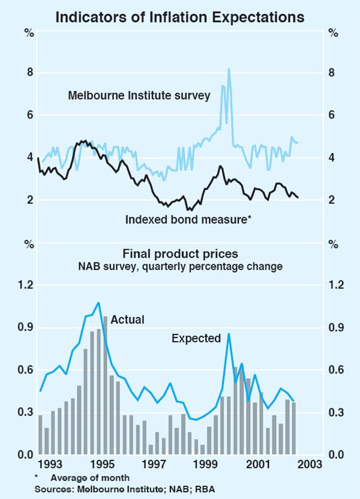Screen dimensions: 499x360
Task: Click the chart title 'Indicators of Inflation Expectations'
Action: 179,17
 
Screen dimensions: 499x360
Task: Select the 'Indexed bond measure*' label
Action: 188,219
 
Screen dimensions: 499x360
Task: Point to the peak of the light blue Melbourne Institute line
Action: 229,69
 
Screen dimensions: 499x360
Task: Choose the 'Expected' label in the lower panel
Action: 196,338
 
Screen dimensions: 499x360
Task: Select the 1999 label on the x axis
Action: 207,464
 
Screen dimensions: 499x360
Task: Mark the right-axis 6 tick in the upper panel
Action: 332,115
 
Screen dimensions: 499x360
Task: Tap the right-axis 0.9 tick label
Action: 335,327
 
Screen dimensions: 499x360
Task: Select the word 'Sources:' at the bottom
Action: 54,488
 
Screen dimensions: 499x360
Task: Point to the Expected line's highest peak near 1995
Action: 98,303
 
